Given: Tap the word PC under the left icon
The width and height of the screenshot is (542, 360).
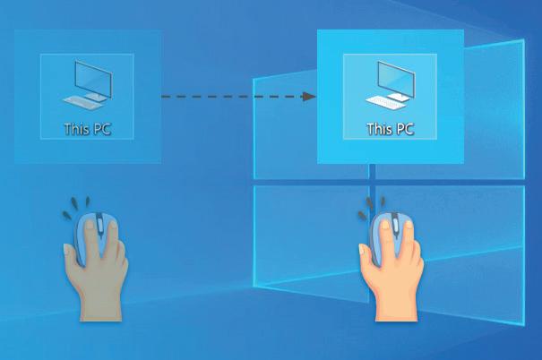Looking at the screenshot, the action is [100, 128].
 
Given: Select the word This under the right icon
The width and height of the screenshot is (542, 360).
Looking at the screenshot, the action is [380, 129].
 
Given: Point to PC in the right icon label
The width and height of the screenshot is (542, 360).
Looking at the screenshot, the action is [404, 129].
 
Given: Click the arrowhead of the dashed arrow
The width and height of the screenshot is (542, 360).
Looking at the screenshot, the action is [310, 96].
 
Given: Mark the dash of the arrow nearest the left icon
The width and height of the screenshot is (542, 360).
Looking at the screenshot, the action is [167, 96].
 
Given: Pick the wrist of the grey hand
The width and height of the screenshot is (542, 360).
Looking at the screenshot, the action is [99, 304].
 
